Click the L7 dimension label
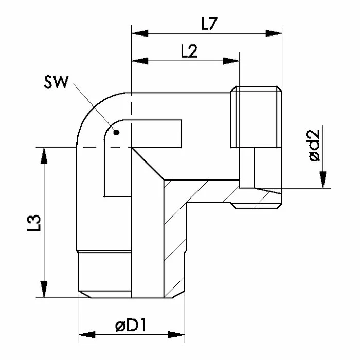pos(209,24)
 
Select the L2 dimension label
pos(189,51)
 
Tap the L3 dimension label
pos(34,223)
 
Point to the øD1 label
pos(131,326)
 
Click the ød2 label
pos(314,146)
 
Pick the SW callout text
pos(56,82)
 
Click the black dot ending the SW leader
pos(116,132)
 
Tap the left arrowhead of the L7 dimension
pos(140,33)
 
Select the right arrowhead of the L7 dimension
pos(274,33)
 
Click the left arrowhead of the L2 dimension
pos(140,61)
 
